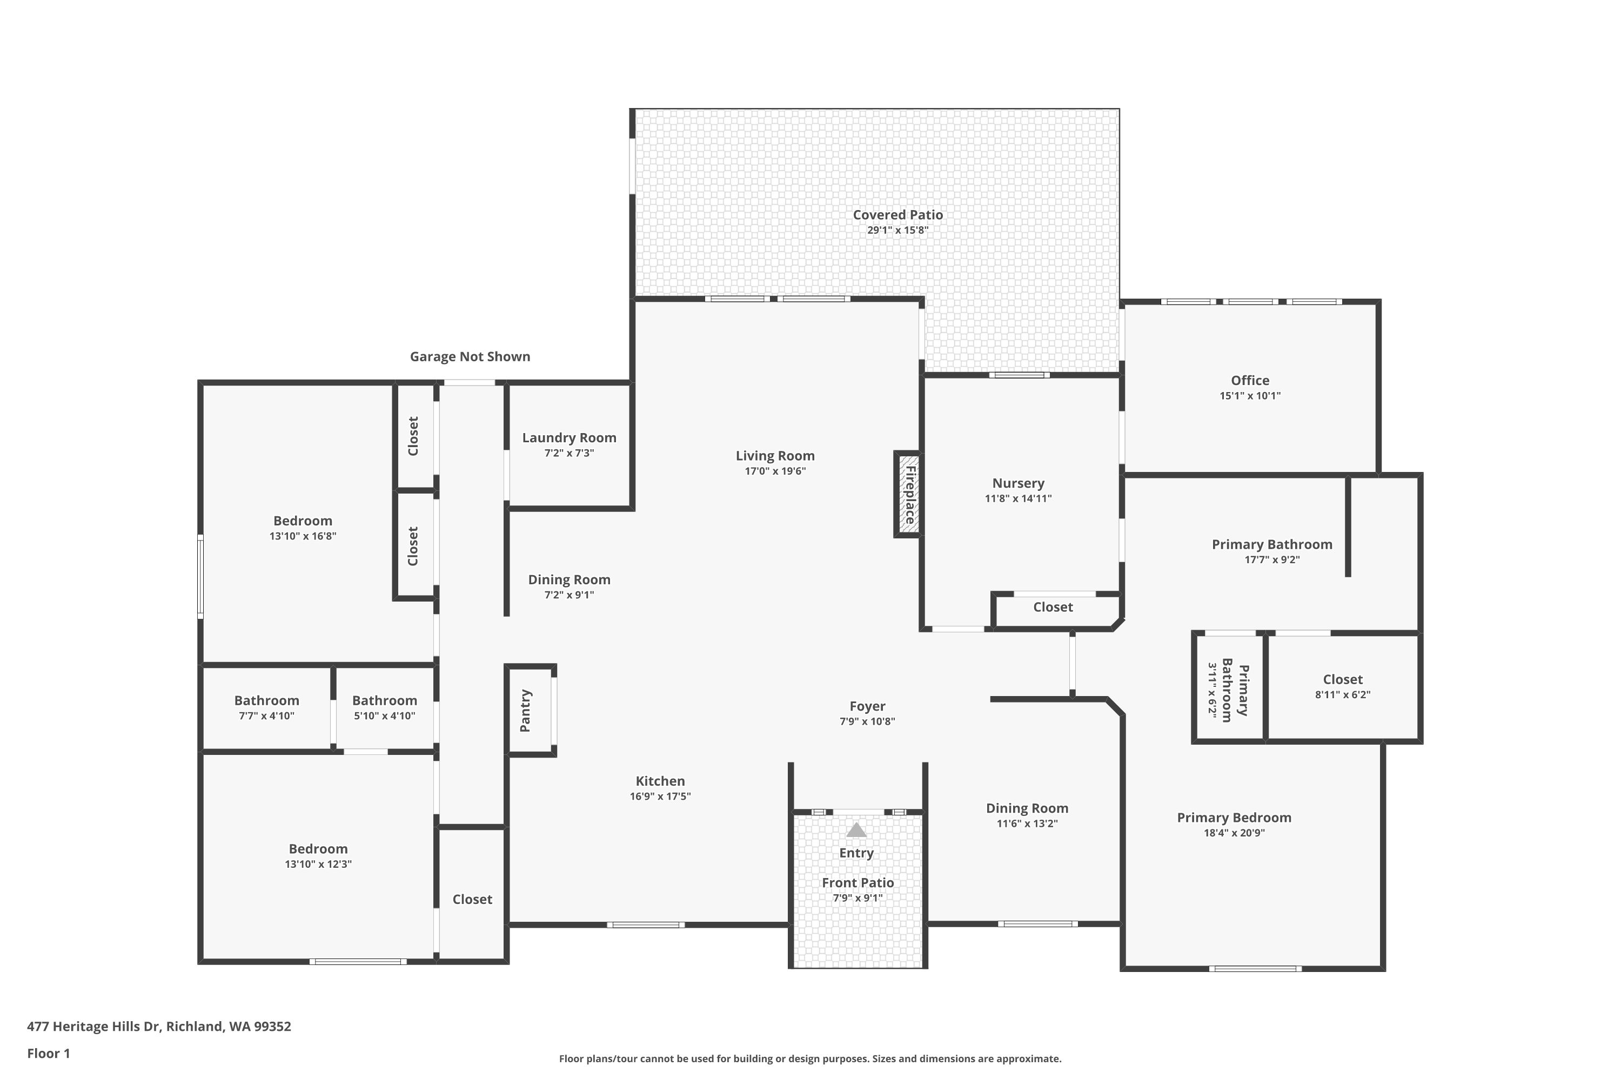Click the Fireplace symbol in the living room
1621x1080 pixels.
click(x=909, y=495)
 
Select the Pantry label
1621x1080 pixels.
click(x=525, y=710)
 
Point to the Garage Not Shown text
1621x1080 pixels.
click(x=470, y=357)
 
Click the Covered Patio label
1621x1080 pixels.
click(x=897, y=215)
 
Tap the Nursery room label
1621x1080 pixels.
click(x=1018, y=483)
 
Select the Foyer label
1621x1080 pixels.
click(x=867, y=706)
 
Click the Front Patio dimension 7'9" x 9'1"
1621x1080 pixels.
click(x=858, y=898)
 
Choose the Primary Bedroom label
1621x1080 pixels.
click(x=1234, y=818)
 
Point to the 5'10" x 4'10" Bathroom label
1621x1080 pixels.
click(x=385, y=700)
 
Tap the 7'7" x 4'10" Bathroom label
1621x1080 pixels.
click(x=267, y=700)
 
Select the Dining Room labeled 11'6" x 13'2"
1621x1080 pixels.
click(x=1027, y=808)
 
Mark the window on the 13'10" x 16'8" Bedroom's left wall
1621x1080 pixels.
click(x=200, y=577)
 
